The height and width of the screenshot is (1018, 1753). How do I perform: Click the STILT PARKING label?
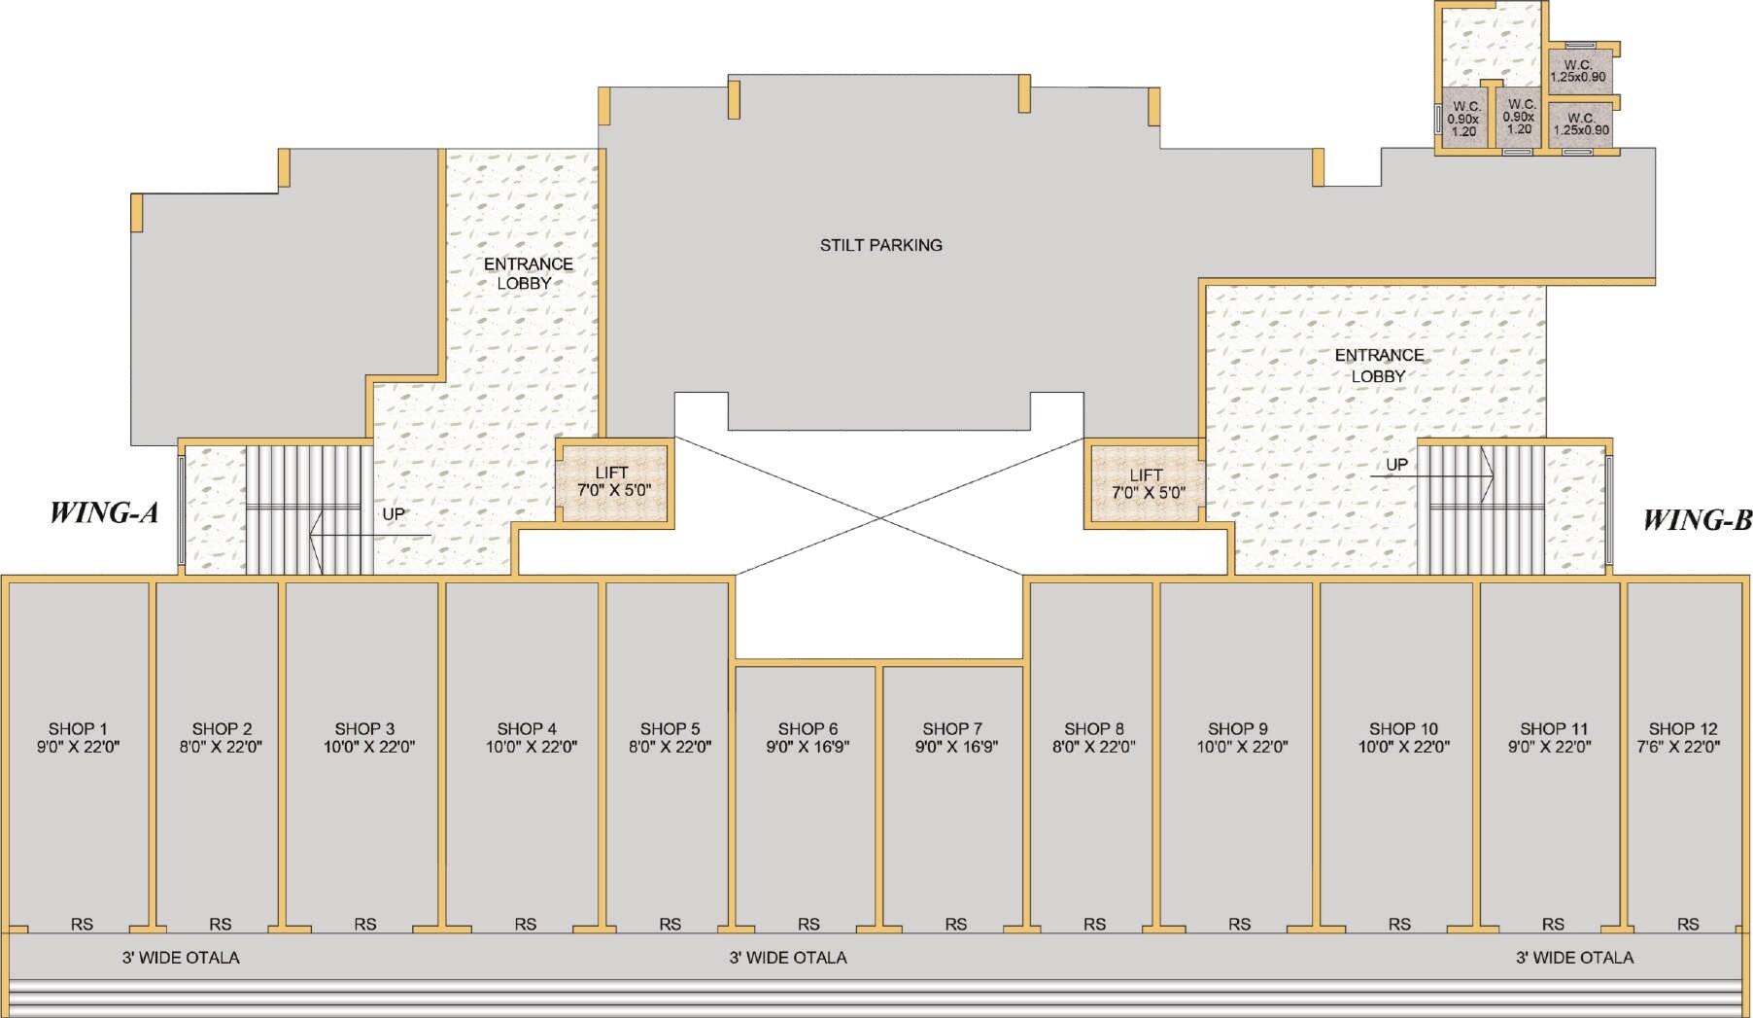880,245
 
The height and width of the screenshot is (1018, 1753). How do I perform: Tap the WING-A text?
104,512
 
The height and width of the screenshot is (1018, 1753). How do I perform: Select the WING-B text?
1698,520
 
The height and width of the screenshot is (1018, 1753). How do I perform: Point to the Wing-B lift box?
1145,483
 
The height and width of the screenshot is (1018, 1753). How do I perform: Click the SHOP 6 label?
808,728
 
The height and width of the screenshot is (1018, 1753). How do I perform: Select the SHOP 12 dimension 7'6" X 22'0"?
1683,747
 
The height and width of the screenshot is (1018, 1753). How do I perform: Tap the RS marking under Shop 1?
82,924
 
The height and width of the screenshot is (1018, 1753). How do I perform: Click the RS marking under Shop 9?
1239,924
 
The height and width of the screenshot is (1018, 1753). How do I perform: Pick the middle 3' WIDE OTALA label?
788,958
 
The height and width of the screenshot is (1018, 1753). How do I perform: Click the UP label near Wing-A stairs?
394,513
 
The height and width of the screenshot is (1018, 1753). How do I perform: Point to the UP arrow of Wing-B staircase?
1432,476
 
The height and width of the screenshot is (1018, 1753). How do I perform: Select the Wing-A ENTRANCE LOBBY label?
528,273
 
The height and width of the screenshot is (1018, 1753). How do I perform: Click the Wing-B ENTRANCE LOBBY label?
1379,366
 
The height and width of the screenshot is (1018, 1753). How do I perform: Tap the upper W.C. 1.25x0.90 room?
1578,70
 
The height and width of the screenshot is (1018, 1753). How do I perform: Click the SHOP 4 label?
527,728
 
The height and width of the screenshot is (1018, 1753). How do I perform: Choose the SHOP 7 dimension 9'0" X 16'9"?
956,747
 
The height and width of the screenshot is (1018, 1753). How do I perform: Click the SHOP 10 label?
1403,728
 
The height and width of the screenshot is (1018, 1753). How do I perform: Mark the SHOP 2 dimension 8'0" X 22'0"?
221,747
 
